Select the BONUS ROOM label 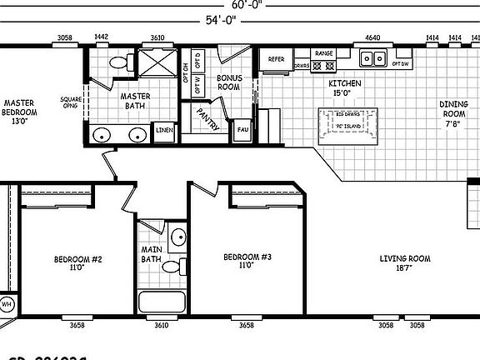pyautogui.click(x=228, y=82)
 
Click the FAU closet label pyautogui.click(x=242, y=130)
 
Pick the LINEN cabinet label pyautogui.click(x=163, y=131)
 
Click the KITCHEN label pyautogui.click(x=343, y=88)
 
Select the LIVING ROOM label pyautogui.click(x=404, y=263)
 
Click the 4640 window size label pyautogui.click(x=372, y=38)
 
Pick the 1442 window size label pyautogui.click(x=102, y=38)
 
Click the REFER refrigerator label pyautogui.click(x=276, y=60)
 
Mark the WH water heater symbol pyautogui.click(x=6, y=304)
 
